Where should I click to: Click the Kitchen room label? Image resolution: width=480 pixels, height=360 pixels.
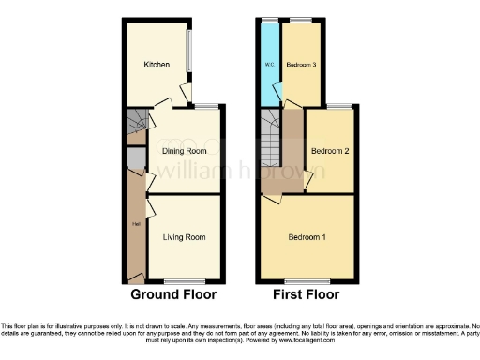tap(156, 65)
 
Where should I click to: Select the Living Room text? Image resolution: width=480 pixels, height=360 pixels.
tap(184, 237)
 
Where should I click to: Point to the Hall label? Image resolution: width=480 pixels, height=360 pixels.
tap(135, 224)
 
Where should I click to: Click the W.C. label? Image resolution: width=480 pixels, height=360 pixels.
tap(270, 65)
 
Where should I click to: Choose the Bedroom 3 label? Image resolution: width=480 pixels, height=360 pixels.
tap(301, 65)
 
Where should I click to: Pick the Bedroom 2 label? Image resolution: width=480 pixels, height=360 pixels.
tap(330, 150)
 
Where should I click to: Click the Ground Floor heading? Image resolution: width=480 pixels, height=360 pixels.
tap(173, 294)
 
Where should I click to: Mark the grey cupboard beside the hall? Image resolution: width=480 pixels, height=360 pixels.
tap(136, 158)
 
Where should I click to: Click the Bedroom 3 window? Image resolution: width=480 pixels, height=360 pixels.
tap(301, 19)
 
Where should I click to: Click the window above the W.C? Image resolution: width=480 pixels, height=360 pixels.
tap(270, 19)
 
